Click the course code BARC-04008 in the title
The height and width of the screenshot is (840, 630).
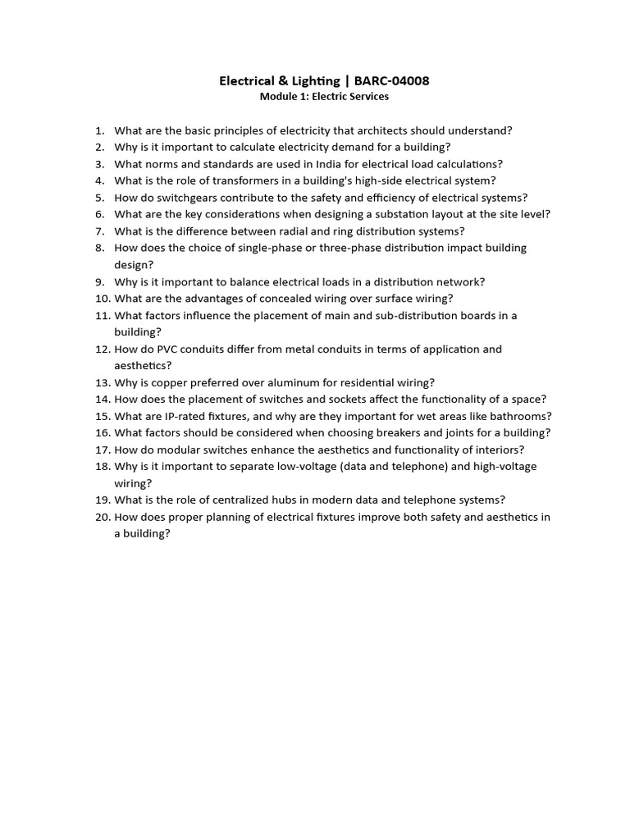point(391,80)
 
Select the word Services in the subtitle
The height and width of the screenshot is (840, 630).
point(367,97)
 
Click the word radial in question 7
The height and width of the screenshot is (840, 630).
point(290,231)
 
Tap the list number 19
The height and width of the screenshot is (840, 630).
point(102,500)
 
